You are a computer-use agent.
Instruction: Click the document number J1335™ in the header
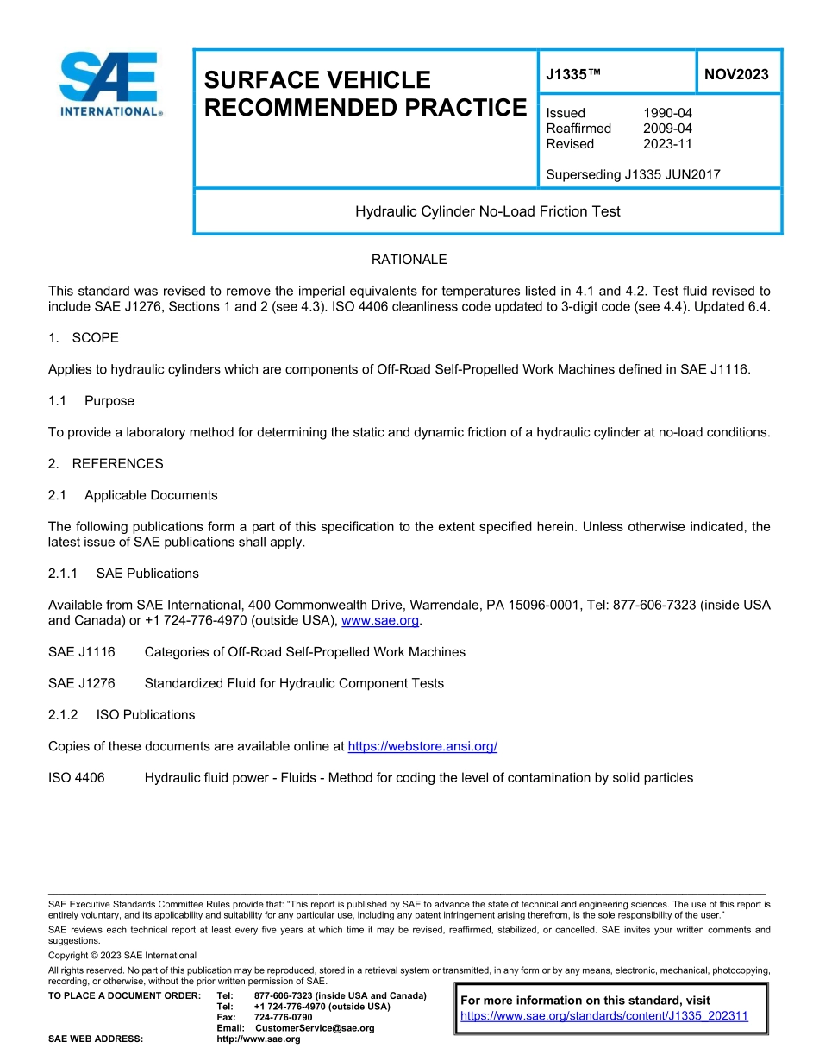[572, 75]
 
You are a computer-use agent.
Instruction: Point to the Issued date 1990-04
[667, 113]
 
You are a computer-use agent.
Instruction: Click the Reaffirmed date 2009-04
[667, 129]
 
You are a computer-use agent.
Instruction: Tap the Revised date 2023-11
[667, 144]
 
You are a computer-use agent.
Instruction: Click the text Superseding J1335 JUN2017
[633, 174]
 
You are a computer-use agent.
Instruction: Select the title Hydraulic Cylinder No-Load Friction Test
[487, 211]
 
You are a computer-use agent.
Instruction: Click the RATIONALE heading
[409, 260]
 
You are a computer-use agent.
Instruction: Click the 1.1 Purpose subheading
[91, 400]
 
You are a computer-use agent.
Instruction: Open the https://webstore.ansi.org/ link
[422, 746]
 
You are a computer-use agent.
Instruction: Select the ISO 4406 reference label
[77, 778]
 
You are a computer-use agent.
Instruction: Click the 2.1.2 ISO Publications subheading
[122, 714]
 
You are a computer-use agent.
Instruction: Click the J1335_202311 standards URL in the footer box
[604, 1016]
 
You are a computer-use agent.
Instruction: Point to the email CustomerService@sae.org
[315, 1028]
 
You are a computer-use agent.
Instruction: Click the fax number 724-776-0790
[283, 1017]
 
